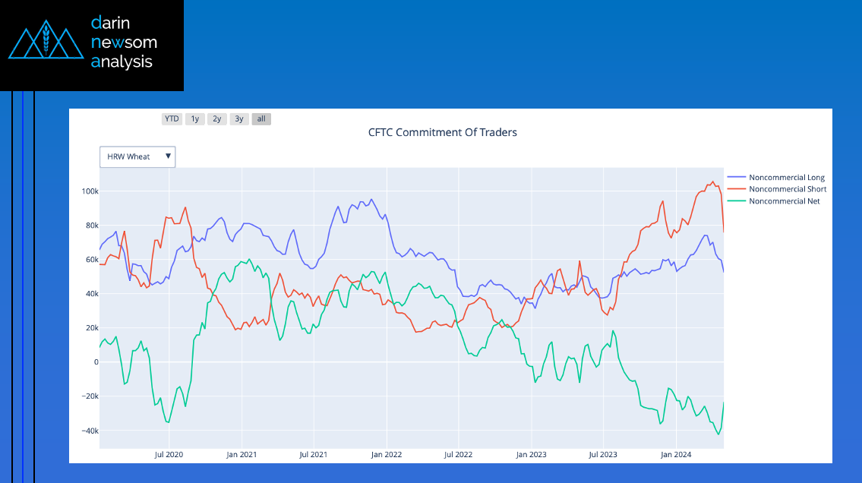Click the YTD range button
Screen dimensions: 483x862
pyautogui.click(x=172, y=118)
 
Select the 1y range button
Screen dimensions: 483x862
pyautogui.click(x=195, y=118)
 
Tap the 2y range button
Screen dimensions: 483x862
pyautogui.click(x=217, y=118)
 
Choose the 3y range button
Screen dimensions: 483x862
pyautogui.click(x=239, y=118)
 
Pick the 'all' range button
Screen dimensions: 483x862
pyautogui.click(x=261, y=118)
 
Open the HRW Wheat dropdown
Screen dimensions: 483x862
pyautogui.click(x=137, y=156)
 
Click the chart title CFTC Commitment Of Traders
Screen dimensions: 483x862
pyautogui.click(x=442, y=132)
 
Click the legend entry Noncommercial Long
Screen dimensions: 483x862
pyautogui.click(x=786, y=178)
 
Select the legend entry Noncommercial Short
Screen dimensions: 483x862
pyautogui.click(x=787, y=189)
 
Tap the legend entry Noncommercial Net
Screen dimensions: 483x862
pyautogui.click(x=785, y=201)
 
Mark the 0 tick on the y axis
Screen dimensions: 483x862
pyautogui.click(x=96, y=362)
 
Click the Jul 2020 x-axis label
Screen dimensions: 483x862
pyautogui.click(x=169, y=455)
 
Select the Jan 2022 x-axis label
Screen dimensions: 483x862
pyautogui.click(x=387, y=455)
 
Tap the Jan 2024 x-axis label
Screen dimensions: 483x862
pyautogui.click(x=676, y=455)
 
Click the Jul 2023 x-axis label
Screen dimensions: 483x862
pyautogui.click(x=604, y=455)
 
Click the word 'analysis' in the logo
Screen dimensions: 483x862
pyautogui.click(x=122, y=62)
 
